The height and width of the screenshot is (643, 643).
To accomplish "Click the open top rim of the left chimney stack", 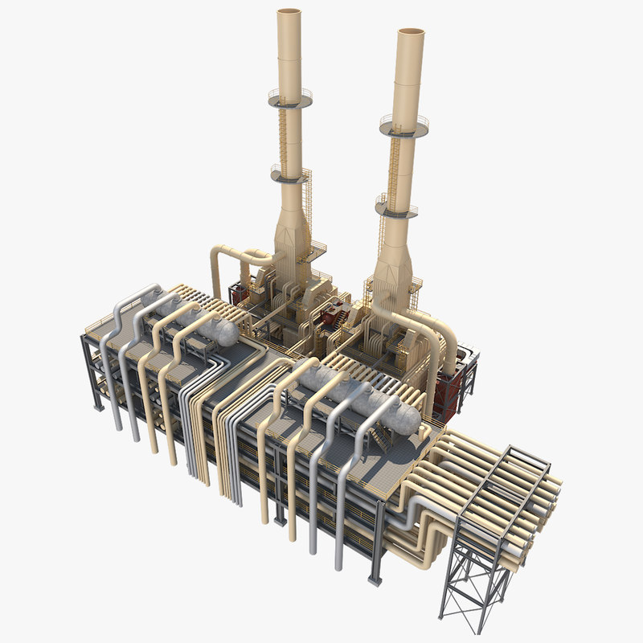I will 289,12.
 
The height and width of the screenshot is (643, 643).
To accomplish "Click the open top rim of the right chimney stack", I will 410,33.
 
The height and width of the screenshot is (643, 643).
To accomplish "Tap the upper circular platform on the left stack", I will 289,98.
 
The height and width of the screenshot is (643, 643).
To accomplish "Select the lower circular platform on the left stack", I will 290,172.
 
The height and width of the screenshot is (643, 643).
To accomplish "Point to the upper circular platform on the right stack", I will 404,124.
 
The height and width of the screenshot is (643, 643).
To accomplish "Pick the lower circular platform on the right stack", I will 396,208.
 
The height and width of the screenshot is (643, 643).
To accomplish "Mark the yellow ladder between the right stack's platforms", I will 393,165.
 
